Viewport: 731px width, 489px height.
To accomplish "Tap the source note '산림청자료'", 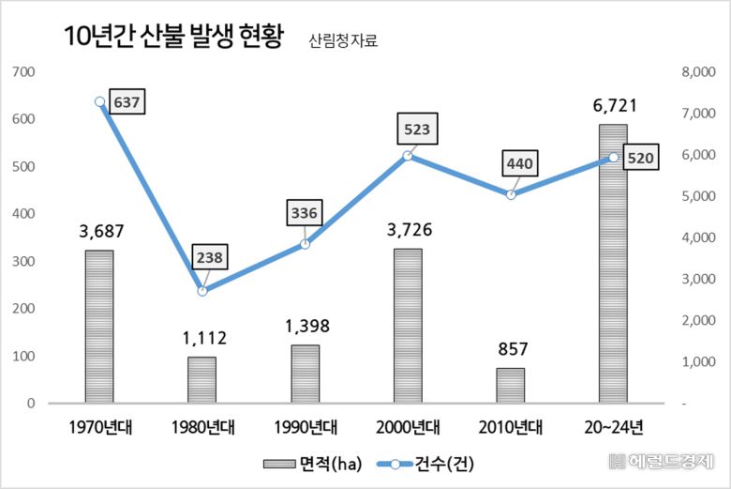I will [343, 41].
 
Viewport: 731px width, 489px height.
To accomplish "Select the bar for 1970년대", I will [98, 327].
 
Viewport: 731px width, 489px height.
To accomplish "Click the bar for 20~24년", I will [613, 265].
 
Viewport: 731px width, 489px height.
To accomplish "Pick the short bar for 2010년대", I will [511, 386].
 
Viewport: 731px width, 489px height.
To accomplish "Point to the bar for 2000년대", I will [408, 326].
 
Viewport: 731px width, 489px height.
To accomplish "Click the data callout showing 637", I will [126, 101].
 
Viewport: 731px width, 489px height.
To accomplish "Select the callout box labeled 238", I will [209, 256].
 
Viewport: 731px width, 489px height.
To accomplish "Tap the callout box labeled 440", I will [519, 164].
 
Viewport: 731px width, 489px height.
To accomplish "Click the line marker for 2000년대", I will [408, 156].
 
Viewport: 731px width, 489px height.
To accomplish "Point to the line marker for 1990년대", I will [305, 244].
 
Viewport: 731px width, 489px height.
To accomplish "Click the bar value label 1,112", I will [201, 339].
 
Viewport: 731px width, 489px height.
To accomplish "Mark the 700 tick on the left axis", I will [23, 72].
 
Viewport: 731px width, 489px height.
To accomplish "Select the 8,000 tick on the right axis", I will [695, 72].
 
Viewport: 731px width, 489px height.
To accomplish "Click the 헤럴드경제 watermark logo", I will [662, 462].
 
